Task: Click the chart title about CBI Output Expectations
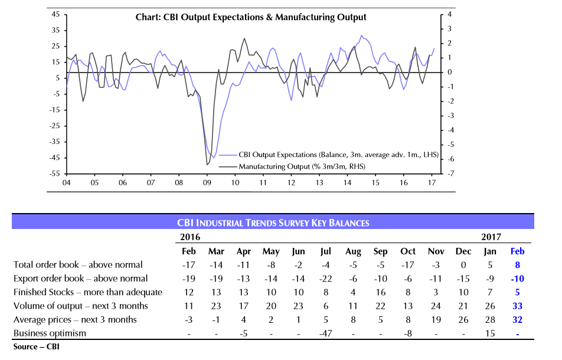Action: tap(247, 18)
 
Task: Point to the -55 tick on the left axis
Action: tap(54, 174)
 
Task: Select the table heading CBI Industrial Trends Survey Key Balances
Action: tap(273, 222)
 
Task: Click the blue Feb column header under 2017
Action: tap(517, 251)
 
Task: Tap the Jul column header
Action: tap(325, 251)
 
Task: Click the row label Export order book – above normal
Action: tap(80, 279)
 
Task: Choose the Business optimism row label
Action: tap(50, 333)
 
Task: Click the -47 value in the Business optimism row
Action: tap(325, 333)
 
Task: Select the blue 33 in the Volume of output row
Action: tap(517, 306)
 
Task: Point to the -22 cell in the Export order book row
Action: tap(325, 279)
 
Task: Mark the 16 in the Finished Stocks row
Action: tap(380, 292)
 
